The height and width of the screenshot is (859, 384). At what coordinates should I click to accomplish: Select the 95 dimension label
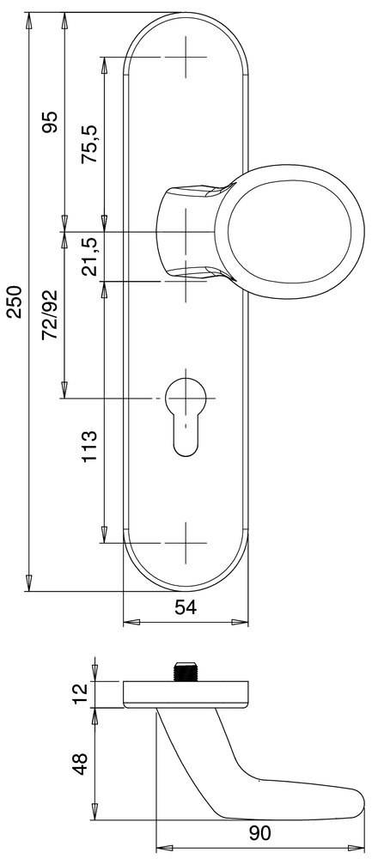point(49,122)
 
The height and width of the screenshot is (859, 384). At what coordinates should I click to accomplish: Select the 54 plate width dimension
point(186,608)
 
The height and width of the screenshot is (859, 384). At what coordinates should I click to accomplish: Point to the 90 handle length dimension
point(259,832)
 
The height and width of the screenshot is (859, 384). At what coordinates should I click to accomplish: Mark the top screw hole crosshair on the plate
point(186,58)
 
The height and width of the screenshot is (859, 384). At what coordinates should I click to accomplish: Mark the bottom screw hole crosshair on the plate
point(186,543)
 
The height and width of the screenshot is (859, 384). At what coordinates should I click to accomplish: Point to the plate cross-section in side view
point(186,694)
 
